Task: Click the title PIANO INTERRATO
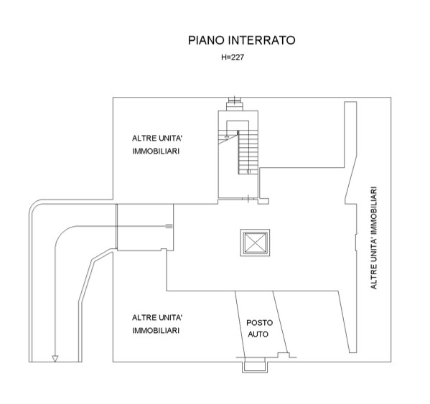(x=241, y=40)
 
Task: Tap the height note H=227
(x=233, y=57)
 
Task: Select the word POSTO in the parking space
(x=259, y=323)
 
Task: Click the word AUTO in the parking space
(x=258, y=334)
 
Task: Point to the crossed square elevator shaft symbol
(x=255, y=243)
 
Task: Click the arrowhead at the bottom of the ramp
(x=55, y=359)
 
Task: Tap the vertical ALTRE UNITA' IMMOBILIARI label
(x=373, y=238)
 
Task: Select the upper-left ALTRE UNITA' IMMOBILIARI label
(x=157, y=145)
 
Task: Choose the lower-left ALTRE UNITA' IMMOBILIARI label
(x=157, y=324)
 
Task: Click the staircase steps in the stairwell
(x=248, y=152)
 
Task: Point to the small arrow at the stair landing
(x=227, y=137)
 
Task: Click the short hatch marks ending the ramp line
(x=169, y=226)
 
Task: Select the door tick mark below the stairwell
(x=248, y=199)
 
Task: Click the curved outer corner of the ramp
(x=34, y=205)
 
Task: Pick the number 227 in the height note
(x=238, y=57)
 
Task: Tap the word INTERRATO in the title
(x=262, y=40)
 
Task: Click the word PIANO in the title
(x=206, y=40)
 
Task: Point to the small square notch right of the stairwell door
(x=263, y=201)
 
